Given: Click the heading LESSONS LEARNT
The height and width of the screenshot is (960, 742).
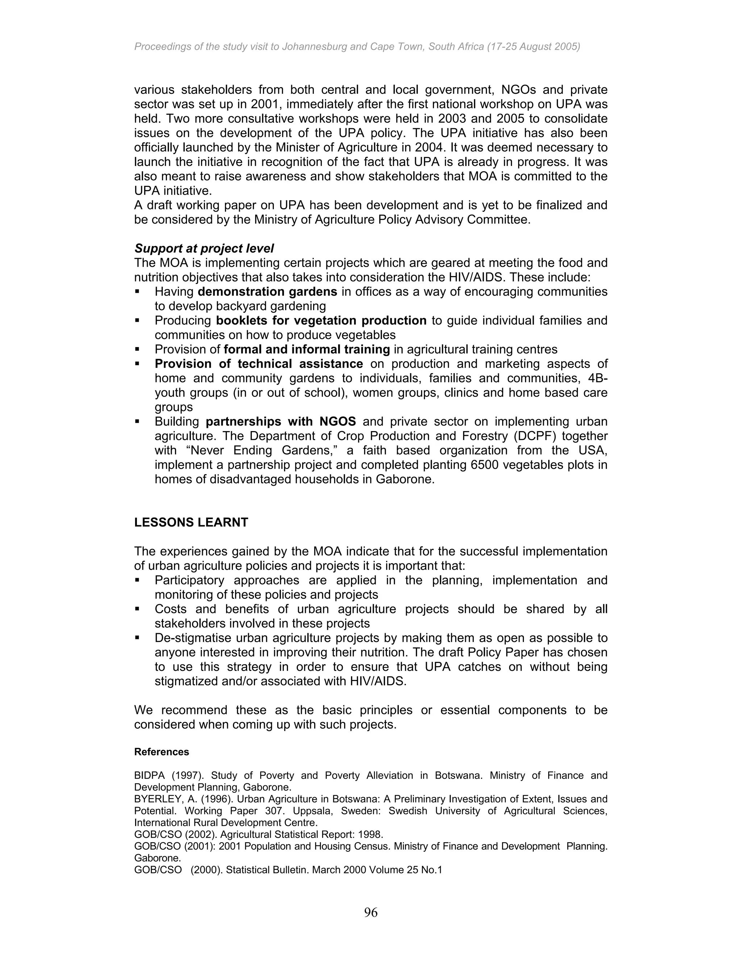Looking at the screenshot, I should [x=191, y=522].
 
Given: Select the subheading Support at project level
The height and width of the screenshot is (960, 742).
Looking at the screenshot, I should [x=204, y=249].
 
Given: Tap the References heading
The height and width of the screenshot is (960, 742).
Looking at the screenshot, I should [x=161, y=752].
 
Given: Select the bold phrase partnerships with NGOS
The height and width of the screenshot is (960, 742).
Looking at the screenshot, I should [x=281, y=422].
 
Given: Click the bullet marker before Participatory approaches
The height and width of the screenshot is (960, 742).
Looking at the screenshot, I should [x=137, y=580].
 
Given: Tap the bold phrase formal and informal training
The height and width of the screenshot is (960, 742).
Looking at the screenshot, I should [x=307, y=350].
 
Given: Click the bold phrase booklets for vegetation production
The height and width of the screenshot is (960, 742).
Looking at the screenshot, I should [x=321, y=321].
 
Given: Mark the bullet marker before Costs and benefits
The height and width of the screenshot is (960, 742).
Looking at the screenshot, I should [x=137, y=609].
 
